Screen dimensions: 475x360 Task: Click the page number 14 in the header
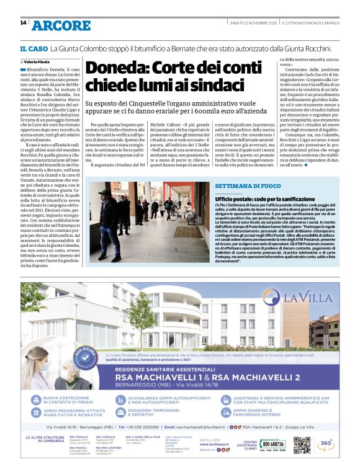click(x=24, y=24)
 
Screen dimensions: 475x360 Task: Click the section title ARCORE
click(x=61, y=25)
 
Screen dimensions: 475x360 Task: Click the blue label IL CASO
click(x=34, y=48)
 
